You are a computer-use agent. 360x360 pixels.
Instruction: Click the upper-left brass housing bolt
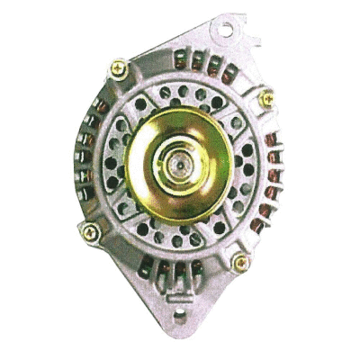point(119,68)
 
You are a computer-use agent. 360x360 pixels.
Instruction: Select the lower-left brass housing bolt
point(90,233)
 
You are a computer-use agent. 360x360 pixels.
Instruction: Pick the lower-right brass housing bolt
point(240,262)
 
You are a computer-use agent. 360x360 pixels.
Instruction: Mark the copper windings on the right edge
point(271,180)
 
